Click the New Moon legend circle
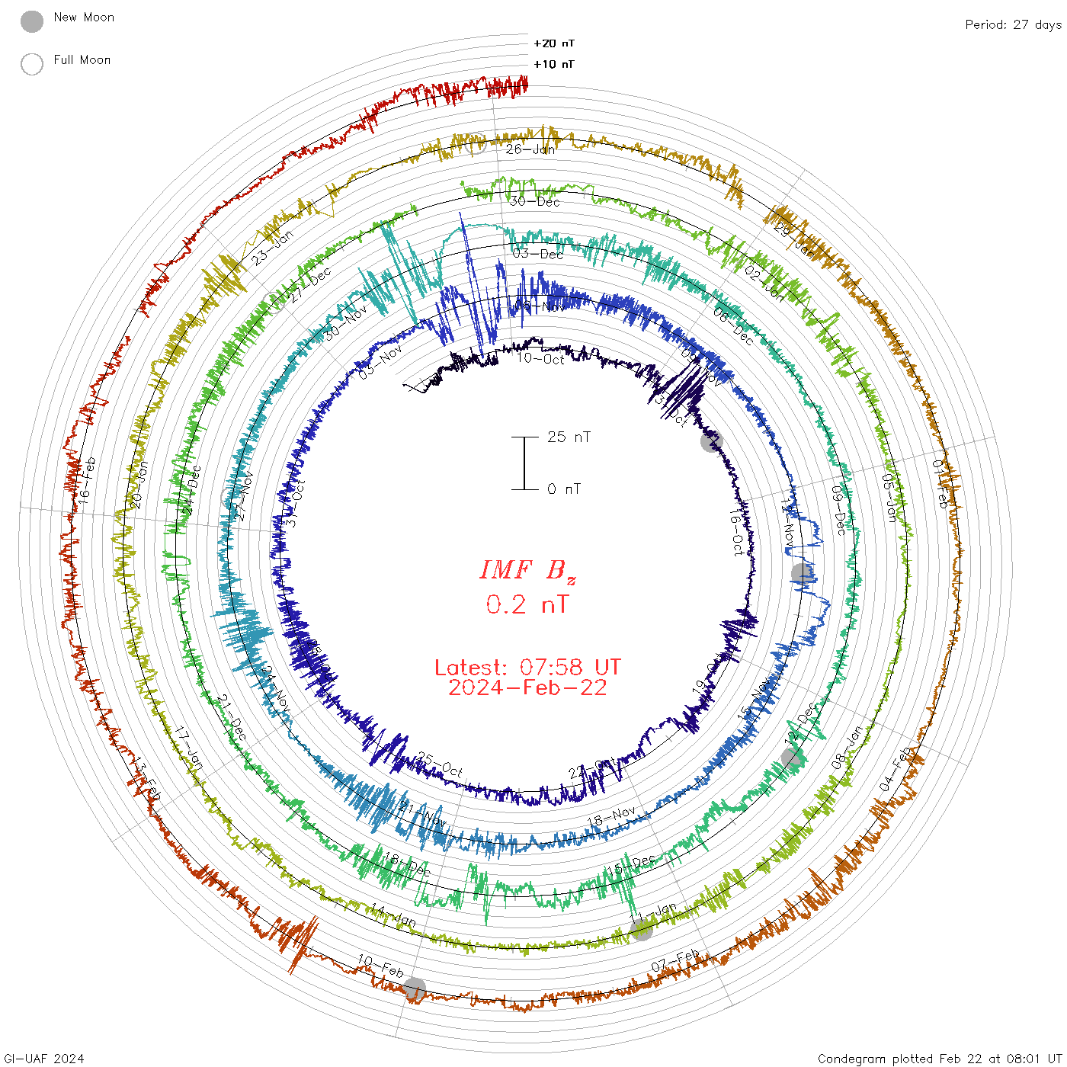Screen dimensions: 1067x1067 (x=32, y=21)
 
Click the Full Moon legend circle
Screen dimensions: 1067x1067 (x=32, y=64)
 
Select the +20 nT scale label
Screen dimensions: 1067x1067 (x=554, y=43)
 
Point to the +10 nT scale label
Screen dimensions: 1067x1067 (x=554, y=64)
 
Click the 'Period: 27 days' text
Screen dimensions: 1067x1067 (x=1013, y=24)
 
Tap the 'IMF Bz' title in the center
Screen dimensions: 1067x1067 (x=527, y=570)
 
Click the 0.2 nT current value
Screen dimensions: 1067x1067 (x=527, y=604)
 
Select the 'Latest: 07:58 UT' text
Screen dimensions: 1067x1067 (x=527, y=668)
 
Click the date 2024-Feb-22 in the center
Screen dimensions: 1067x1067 (x=527, y=687)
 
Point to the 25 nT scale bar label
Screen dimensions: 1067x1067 (x=569, y=437)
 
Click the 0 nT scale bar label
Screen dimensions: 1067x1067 (x=564, y=489)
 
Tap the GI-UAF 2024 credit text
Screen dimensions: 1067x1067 (x=44, y=1058)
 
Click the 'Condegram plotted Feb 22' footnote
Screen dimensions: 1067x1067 (x=939, y=1058)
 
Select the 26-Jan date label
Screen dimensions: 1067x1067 (x=530, y=149)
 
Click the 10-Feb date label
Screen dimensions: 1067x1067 (x=380, y=966)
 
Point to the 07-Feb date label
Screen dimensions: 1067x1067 (x=675, y=961)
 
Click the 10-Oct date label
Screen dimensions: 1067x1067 (x=540, y=358)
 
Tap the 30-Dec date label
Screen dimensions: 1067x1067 (x=535, y=201)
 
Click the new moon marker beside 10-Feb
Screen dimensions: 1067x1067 (x=414, y=988)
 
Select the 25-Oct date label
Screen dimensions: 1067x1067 (x=440, y=764)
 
